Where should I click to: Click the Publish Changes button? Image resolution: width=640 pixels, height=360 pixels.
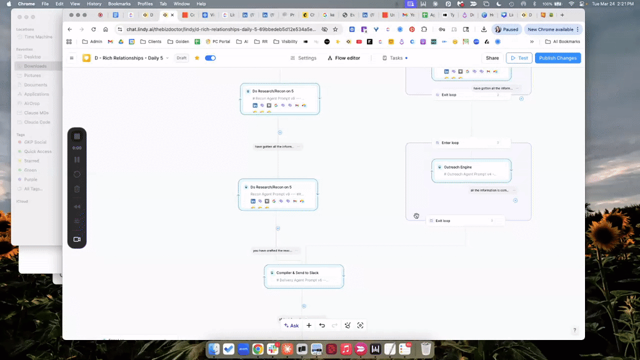tap(557, 58)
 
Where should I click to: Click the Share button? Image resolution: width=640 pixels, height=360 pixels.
tap(492, 58)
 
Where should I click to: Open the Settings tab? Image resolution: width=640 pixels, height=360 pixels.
tap(303, 58)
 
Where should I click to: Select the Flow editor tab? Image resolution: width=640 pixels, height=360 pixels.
tap(344, 58)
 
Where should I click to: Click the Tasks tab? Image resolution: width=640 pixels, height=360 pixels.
tap(393, 58)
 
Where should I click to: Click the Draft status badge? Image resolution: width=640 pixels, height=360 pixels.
tap(182, 58)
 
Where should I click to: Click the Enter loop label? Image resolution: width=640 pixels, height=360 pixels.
tap(450, 142)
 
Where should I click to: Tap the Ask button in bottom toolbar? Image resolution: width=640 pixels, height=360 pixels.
tap(291, 326)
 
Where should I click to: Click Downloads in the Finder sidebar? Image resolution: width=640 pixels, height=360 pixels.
tap(35, 66)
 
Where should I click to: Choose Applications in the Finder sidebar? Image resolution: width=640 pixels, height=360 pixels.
tap(36, 94)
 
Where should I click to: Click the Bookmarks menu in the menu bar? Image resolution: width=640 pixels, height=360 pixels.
tap(119, 4)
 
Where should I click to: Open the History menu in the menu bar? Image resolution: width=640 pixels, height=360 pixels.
tap(94, 4)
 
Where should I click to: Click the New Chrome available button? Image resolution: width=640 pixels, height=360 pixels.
tap(550, 29)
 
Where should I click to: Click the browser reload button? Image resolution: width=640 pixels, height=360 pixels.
tap(94, 29)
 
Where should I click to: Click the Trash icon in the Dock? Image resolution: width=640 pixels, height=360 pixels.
tap(426, 349)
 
